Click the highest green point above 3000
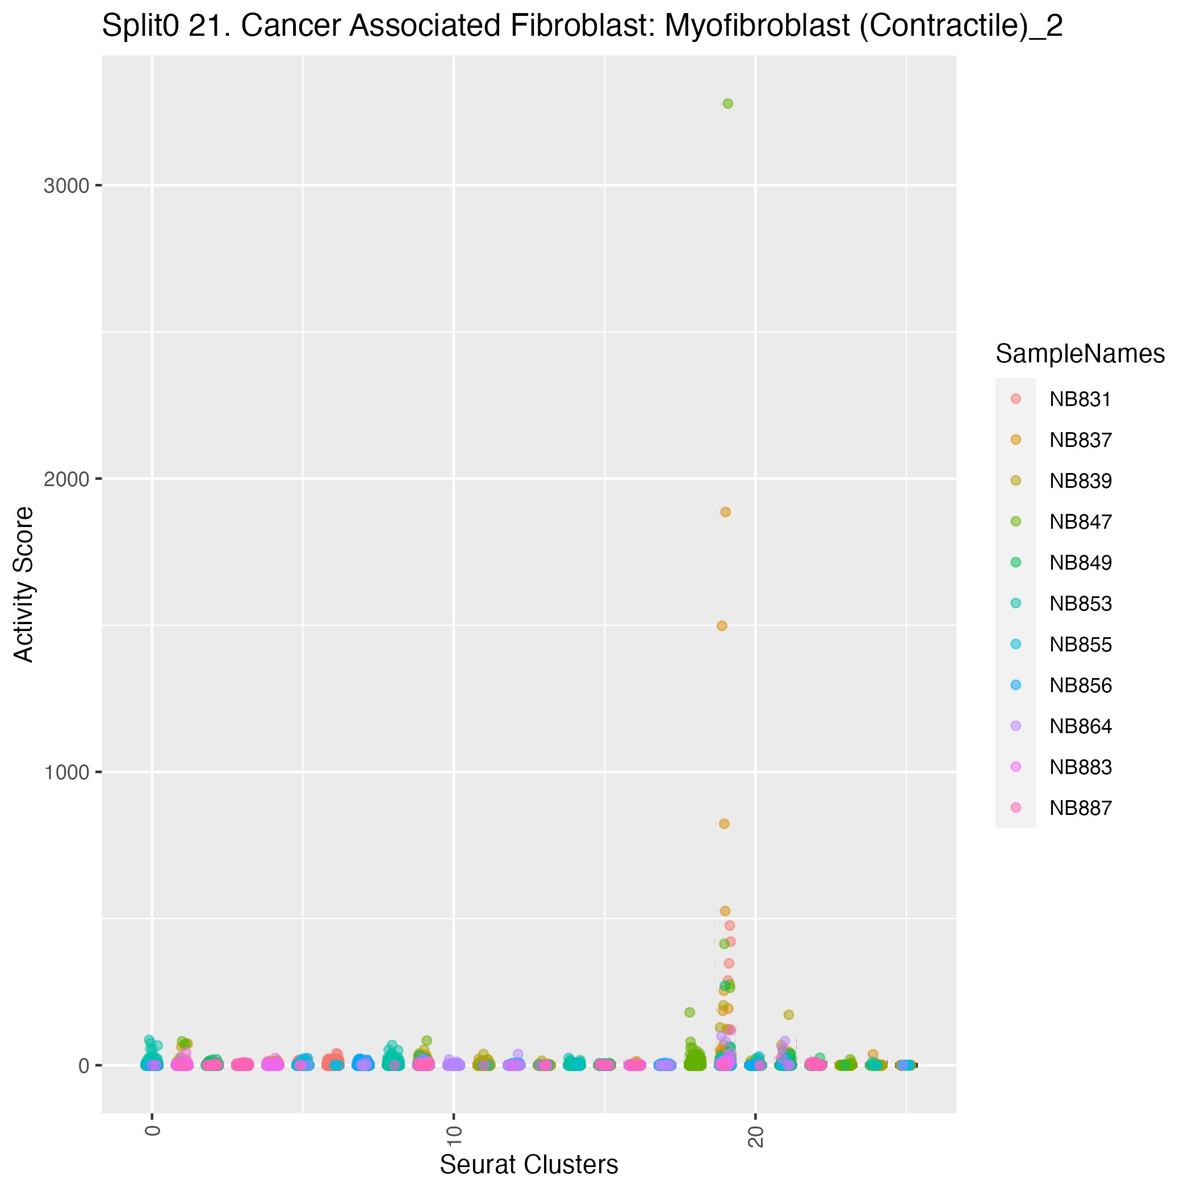[727, 104]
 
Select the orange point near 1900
[726, 512]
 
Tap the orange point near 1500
[722, 626]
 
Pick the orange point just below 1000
[724, 823]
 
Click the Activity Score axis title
[24, 584]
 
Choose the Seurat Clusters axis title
[529, 1165]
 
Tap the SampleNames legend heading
[1080, 354]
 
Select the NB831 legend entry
[1080, 400]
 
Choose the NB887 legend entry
[1080, 808]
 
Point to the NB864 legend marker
[1016, 726]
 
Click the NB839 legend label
[1080, 481]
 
